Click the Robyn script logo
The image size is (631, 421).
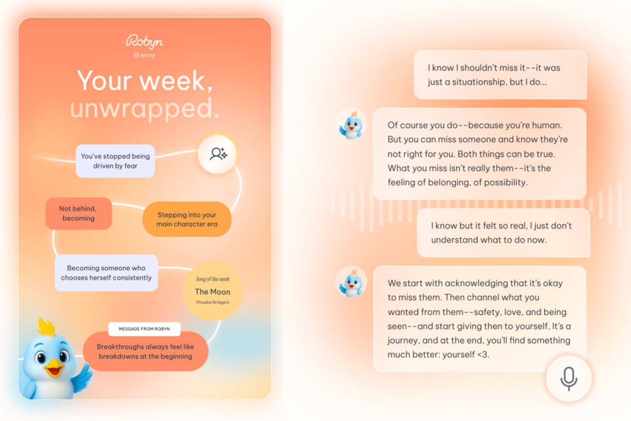point(145,41)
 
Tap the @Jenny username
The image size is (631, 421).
point(145,55)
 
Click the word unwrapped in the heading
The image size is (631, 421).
point(145,109)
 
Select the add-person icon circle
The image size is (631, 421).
point(218,154)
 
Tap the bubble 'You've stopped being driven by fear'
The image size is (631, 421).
point(115,161)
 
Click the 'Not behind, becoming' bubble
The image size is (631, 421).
point(78,214)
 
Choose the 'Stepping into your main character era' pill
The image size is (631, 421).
point(187,219)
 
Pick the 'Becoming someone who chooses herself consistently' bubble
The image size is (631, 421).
point(106,273)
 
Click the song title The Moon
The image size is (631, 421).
point(212,291)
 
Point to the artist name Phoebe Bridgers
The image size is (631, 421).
point(212,302)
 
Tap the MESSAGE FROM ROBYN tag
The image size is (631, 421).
point(144,329)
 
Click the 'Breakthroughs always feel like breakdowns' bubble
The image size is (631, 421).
point(145,351)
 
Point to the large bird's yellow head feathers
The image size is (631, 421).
point(46,327)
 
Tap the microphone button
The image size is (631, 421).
point(569,378)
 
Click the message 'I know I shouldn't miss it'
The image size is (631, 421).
point(500,75)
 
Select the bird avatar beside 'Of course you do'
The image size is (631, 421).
point(351,124)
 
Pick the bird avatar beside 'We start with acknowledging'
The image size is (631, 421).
point(351,282)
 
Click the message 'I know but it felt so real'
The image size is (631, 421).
point(503,233)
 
